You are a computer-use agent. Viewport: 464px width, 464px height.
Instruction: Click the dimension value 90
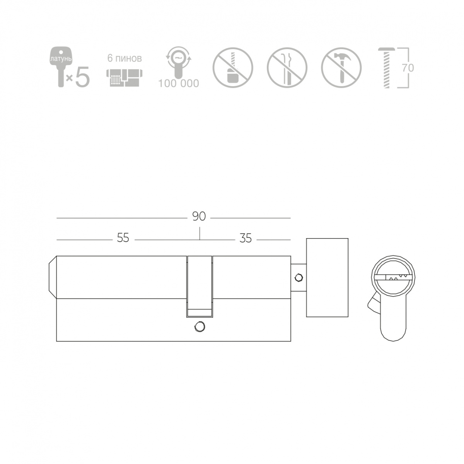199,217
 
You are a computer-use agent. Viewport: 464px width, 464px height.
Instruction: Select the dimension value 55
123,238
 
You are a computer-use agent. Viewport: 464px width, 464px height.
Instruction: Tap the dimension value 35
246,238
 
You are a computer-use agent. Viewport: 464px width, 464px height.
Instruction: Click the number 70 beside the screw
408,68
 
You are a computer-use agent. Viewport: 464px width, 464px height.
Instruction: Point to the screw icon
387,68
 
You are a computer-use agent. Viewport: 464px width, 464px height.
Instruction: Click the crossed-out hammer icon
341,68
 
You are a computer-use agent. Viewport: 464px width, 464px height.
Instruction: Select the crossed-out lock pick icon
287,68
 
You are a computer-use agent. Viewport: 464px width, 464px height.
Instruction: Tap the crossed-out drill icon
233,68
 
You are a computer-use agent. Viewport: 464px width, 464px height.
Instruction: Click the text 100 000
178,83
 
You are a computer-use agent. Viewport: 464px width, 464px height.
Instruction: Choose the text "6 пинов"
125,58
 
